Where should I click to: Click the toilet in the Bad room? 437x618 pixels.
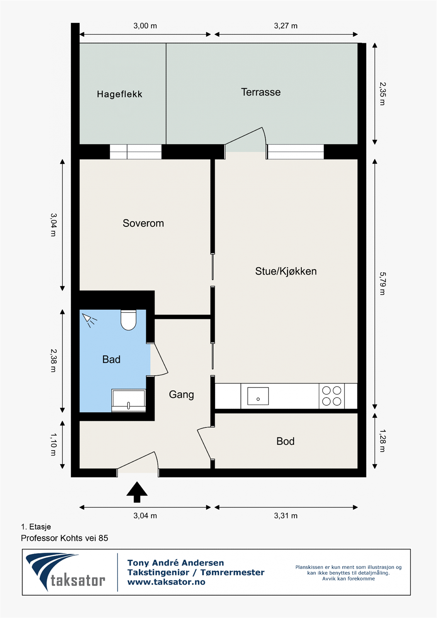click(x=128, y=320)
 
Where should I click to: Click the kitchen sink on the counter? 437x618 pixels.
click(x=258, y=396)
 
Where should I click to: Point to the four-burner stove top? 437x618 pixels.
click(x=332, y=396)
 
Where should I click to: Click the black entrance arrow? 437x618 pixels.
click(x=137, y=492)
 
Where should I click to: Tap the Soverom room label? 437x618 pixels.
click(x=143, y=223)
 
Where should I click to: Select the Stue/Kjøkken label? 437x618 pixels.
click(x=286, y=271)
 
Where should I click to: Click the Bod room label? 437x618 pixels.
click(x=285, y=441)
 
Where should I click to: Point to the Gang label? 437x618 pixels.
click(x=181, y=394)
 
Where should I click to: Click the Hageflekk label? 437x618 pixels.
click(x=119, y=94)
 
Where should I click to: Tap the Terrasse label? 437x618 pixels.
click(x=260, y=92)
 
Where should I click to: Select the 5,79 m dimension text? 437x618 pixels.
click(x=382, y=284)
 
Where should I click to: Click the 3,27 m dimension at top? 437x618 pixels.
click(x=286, y=26)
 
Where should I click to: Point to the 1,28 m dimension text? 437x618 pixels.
click(x=382, y=441)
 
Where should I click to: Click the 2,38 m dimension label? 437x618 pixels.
click(x=53, y=361)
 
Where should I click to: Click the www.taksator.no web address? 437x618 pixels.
click(x=166, y=582)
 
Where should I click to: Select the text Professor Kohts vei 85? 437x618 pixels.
click(x=65, y=538)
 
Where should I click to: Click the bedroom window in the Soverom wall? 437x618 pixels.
click(x=136, y=152)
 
